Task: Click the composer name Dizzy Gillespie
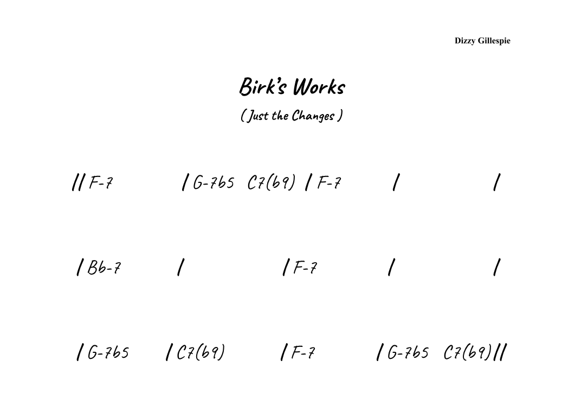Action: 482,41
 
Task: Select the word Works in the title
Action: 319,87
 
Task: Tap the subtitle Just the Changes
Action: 292,116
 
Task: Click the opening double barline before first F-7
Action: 77,183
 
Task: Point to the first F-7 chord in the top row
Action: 101,183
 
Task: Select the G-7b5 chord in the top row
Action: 214,183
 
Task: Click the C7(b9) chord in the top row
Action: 271,183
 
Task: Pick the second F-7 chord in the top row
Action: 329,183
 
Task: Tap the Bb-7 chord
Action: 104,268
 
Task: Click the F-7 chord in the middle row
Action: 305,268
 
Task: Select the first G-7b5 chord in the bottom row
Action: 108,353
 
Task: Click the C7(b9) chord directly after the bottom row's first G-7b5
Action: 201,353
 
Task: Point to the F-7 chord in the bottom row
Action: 303,353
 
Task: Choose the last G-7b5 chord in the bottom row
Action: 408,353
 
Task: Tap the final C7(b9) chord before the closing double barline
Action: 467,353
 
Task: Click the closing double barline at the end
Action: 502,353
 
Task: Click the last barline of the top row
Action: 496,183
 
